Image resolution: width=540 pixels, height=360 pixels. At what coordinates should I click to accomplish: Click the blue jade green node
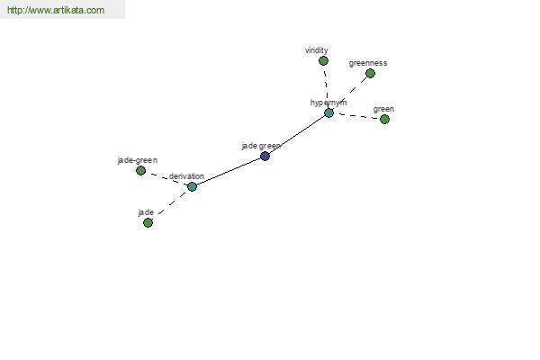point(265,157)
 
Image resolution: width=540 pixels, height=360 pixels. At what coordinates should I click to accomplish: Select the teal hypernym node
point(328,113)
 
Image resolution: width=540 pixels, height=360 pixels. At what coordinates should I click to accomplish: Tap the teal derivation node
point(193,186)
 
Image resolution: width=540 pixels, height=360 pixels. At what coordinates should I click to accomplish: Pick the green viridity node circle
point(323,61)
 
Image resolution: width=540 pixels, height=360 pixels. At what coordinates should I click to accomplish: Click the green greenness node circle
point(370,74)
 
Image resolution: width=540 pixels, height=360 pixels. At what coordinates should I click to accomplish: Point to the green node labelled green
point(384,119)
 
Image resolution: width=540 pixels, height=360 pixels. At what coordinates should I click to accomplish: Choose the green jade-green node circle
point(140,170)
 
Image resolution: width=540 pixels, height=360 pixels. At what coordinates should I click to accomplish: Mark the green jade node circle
point(148,223)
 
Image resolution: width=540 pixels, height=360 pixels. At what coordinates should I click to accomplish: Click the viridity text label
point(317,50)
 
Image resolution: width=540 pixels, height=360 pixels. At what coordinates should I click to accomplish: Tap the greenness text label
point(368,63)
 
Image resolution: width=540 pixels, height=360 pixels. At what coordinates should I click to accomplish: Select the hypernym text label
point(328,103)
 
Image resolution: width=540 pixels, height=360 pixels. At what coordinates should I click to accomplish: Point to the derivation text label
point(186,176)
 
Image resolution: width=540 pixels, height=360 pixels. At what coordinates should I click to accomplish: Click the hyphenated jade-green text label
point(138,160)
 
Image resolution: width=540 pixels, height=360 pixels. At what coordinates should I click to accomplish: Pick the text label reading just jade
point(146,212)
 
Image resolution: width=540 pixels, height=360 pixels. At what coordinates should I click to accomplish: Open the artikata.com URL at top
point(56,10)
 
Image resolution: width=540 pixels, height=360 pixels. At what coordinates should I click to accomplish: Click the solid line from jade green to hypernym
point(297,135)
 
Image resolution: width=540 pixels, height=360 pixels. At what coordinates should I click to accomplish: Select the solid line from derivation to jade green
point(229,172)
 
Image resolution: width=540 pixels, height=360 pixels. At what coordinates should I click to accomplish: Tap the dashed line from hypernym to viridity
point(326,85)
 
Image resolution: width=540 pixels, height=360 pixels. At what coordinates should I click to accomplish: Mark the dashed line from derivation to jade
point(172,203)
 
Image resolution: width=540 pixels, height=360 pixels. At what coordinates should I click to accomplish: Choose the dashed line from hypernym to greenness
point(349,93)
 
